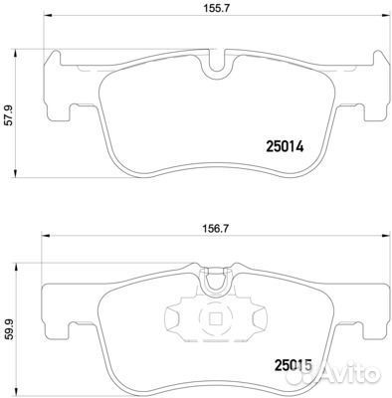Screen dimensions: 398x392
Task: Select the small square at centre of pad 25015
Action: coord(215,319)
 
